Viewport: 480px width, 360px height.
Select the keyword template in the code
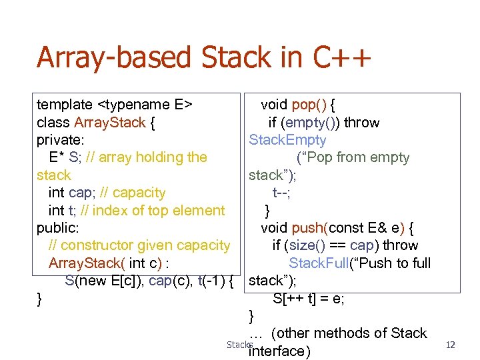65,105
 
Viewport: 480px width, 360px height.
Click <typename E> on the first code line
145,105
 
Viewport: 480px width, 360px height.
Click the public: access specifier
57,228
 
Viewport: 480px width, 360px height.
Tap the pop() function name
308,105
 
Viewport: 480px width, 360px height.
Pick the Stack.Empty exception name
287,140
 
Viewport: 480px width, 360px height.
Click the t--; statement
282,193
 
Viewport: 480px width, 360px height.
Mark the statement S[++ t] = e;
309,298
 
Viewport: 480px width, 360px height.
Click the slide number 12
450,345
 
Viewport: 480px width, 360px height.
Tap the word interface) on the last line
279,351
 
